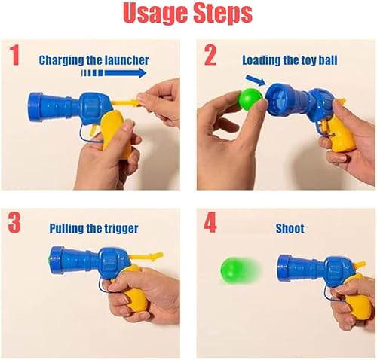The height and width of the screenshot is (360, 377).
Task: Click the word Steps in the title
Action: (x=222, y=14)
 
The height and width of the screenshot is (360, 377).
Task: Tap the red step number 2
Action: (x=210, y=56)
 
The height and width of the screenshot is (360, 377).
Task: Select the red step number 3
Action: (x=14, y=224)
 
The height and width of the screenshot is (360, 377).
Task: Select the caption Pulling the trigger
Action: (x=93, y=227)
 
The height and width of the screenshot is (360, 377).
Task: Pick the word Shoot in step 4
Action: (x=289, y=227)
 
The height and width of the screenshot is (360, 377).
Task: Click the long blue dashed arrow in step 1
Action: (x=113, y=74)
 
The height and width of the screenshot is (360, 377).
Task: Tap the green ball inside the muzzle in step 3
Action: (x=51, y=258)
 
